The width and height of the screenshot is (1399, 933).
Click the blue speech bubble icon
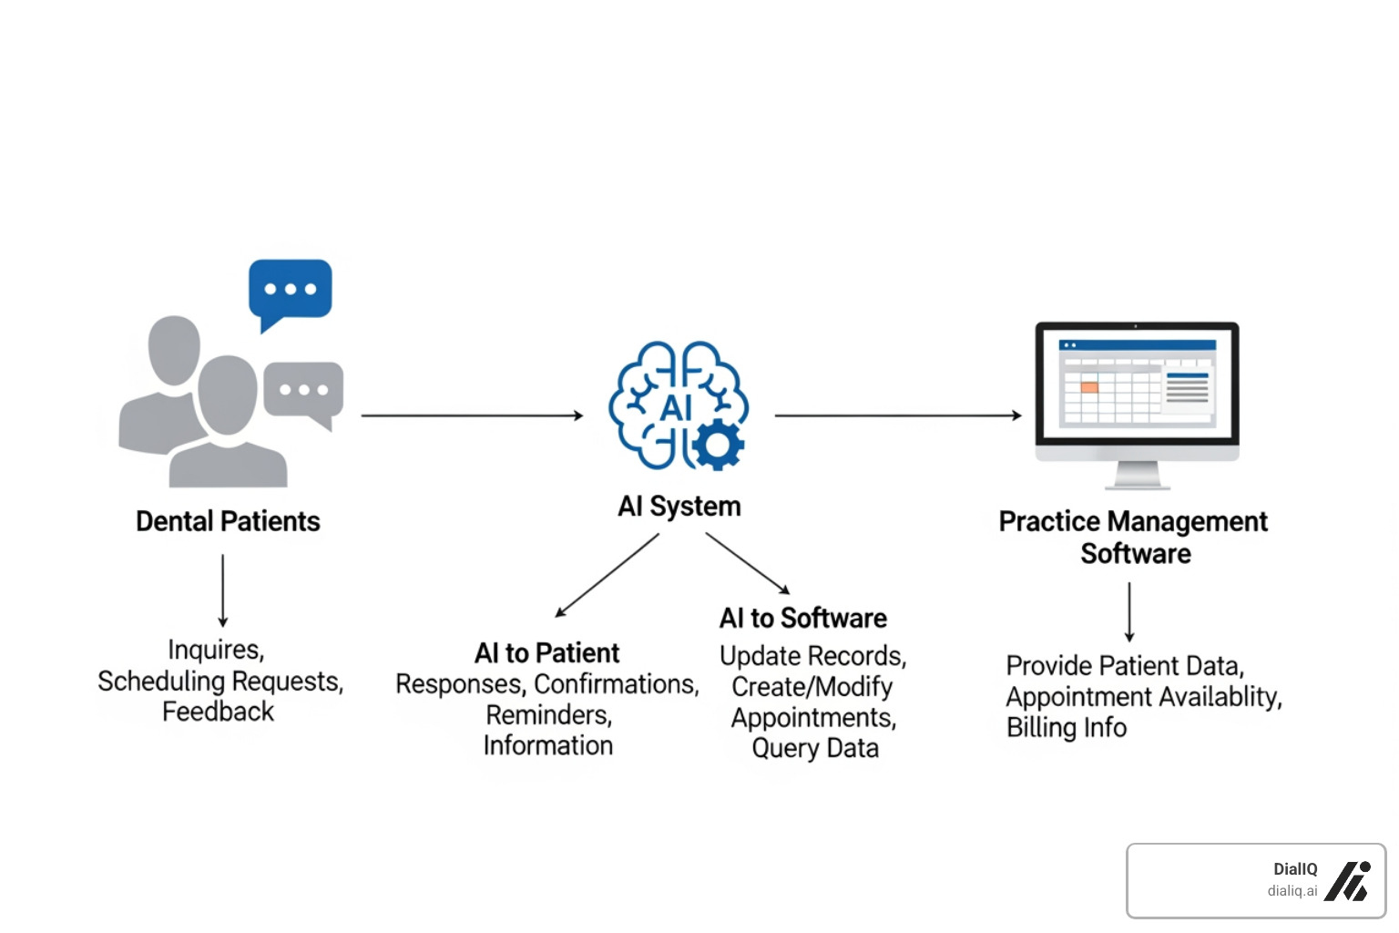(290, 291)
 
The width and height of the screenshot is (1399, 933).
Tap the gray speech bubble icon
(304, 390)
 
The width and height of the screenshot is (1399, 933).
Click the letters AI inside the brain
(676, 407)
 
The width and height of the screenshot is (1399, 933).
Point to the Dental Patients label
(228, 521)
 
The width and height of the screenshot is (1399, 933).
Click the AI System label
(679, 506)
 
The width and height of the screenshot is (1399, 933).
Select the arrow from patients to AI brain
(471, 415)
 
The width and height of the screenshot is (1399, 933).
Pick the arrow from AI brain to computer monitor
(897, 415)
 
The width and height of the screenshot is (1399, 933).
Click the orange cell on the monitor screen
(1089, 387)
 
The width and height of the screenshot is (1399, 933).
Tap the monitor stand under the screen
(1137, 476)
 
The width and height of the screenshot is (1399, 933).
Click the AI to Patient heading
(546, 652)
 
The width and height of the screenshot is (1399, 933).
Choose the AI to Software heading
(802, 618)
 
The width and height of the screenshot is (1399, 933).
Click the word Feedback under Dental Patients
(218, 712)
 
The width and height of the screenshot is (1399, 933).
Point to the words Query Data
(815, 748)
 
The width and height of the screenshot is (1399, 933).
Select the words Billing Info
(1067, 727)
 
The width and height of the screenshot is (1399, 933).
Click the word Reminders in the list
(548, 715)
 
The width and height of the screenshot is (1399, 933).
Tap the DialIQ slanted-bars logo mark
(1348, 881)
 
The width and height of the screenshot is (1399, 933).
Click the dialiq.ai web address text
(1292, 891)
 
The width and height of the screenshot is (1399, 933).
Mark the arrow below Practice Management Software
(1129, 612)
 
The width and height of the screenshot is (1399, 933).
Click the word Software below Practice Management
(1136, 554)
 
